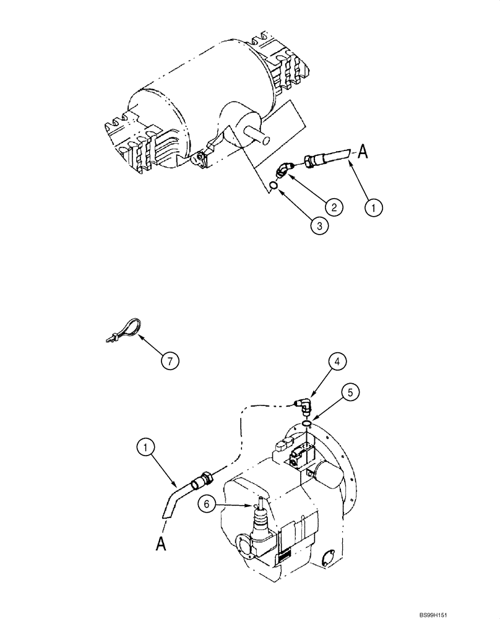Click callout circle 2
(x=333, y=207)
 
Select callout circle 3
(x=319, y=226)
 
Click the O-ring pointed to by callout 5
(x=306, y=424)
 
